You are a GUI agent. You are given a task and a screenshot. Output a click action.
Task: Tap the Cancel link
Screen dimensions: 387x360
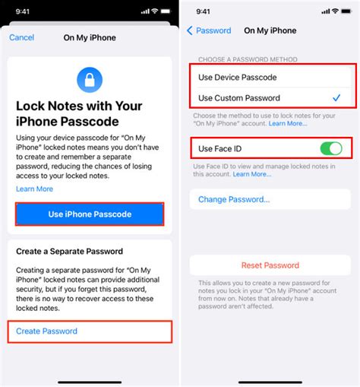(21, 37)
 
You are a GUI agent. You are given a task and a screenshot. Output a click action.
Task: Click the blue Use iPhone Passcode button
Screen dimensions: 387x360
(90, 214)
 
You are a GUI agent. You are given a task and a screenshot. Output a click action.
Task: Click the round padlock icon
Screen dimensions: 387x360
(90, 78)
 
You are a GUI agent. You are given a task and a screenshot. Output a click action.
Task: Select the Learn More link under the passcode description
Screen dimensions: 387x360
(34, 189)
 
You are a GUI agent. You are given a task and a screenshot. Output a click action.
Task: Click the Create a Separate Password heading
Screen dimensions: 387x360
(70, 251)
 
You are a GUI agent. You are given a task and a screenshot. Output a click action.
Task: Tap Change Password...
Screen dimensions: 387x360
(234, 199)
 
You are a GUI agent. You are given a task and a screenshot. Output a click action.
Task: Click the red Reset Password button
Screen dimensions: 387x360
(270, 265)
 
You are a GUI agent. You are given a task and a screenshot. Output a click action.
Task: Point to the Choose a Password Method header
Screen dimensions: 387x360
(248, 59)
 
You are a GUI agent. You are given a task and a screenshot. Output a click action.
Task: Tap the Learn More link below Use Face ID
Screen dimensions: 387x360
(251, 174)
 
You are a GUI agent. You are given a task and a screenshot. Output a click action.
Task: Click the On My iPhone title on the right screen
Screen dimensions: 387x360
(270, 30)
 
